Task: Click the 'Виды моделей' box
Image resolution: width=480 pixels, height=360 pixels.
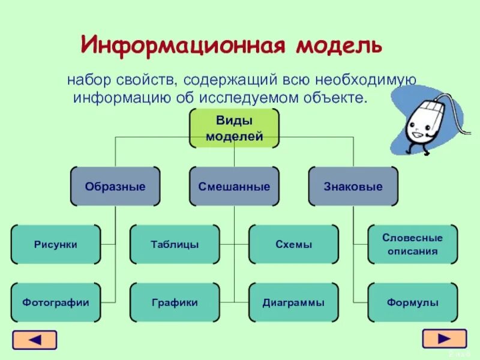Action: tap(234, 128)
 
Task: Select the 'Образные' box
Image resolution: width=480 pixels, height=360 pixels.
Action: tap(115, 187)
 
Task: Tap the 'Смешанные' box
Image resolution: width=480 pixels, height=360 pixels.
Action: tap(234, 187)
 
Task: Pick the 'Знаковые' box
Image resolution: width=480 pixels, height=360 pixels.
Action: tap(353, 187)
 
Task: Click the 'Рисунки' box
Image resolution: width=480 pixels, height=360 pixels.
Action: tap(56, 244)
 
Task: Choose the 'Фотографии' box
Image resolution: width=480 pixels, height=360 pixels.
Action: tap(56, 302)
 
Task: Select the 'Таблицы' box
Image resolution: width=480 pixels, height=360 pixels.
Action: tap(175, 244)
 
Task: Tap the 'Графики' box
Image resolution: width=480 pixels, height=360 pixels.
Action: tap(175, 302)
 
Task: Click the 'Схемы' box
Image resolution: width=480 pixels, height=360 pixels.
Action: tap(293, 244)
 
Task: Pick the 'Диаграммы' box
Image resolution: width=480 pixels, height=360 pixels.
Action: tap(293, 302)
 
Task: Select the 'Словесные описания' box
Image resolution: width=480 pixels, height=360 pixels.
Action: tap(412, 244)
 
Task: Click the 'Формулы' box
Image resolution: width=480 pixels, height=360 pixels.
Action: tap(412, 302)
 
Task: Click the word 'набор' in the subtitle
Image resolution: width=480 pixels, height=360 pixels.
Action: tap(86, 80)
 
